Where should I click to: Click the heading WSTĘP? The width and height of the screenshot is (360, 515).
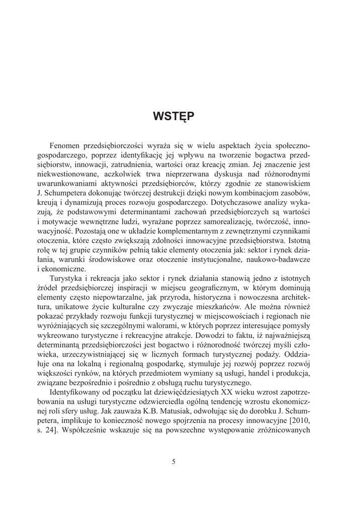[x=173, y=117]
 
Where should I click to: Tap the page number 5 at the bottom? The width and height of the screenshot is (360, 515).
[x=173, y=462]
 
